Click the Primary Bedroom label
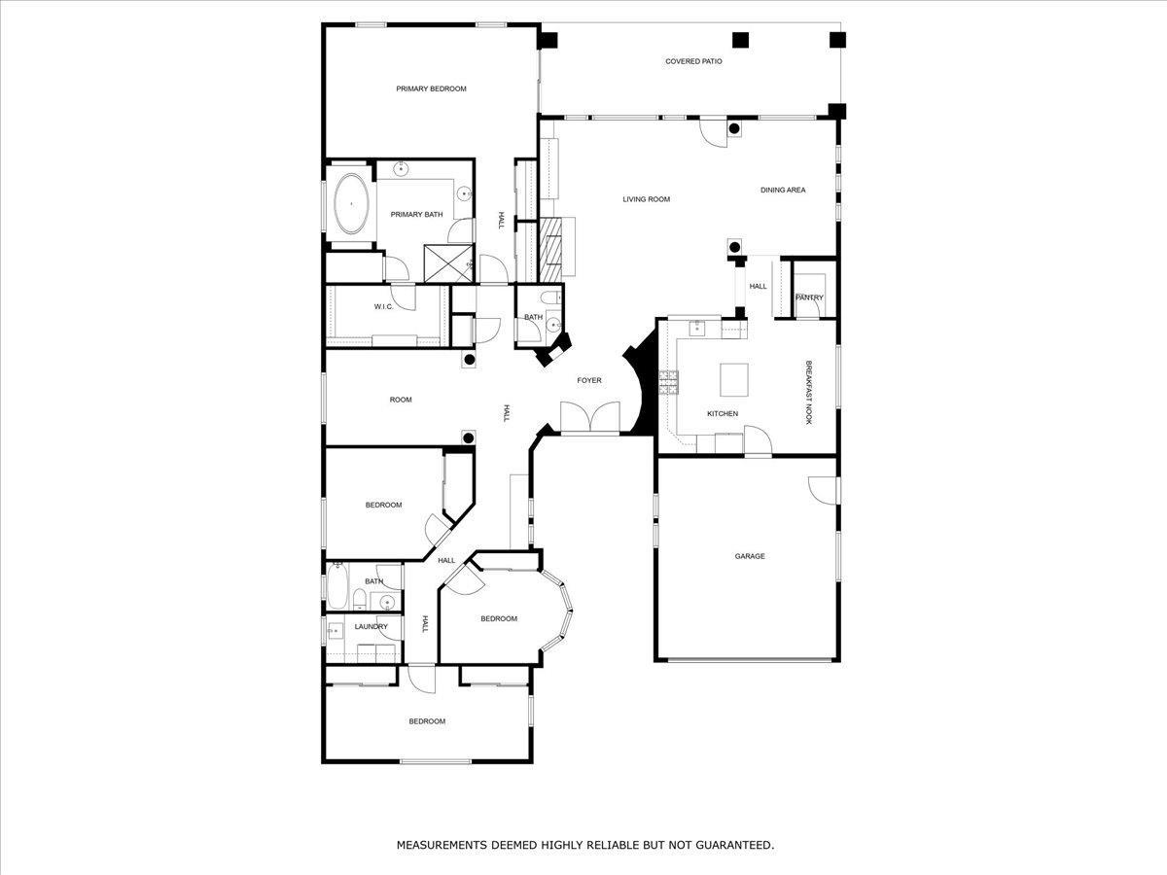[431, 89]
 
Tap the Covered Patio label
[693, 61]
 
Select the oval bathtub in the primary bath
[350, 204]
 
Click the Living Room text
[647, 200]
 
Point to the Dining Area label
[783, 191]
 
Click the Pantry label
[809, 297]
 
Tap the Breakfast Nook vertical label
[808, 393]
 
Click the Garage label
[750, 557]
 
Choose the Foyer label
[589, 381]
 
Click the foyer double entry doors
[590, 417]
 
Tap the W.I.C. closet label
[383, 307]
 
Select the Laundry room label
[371, 627]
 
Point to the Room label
[401, 400]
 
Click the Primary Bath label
[417, 215]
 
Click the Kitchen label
[723, 414]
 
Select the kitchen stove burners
[670, 383]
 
